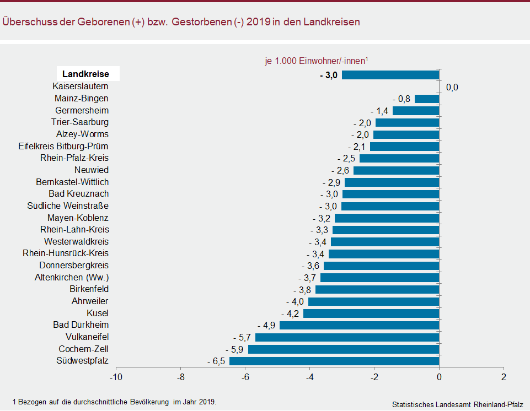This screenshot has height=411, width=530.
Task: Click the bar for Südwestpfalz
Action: pos(334,361)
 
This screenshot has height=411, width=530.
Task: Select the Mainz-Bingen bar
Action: pos(427,99)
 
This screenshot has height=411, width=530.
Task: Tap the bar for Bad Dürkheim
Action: pos(360,325)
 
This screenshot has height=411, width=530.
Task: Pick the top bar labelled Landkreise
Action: pos(390,74)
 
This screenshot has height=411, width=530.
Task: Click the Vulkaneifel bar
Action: pos(347,337)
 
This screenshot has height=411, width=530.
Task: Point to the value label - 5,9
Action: pos(234,349)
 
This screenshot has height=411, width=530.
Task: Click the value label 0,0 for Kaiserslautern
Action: pos(452,87)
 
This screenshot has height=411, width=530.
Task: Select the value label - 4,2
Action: pos(290,313)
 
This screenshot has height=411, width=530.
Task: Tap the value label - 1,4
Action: pos(379,111)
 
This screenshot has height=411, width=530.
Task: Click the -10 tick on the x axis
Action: pos(116,377)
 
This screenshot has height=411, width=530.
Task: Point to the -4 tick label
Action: pos(310,377)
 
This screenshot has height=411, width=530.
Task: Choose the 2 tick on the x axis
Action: pos(504,377)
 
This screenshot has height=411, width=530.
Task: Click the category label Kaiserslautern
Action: pos(81,86)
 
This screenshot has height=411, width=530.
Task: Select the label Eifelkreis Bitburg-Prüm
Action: pos(63,146)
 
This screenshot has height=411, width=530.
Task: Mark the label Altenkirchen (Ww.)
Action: pos(72,277)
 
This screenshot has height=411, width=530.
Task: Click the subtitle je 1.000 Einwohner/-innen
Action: pos(317,62)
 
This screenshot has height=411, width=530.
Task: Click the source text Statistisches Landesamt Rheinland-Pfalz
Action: pos(458,404)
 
